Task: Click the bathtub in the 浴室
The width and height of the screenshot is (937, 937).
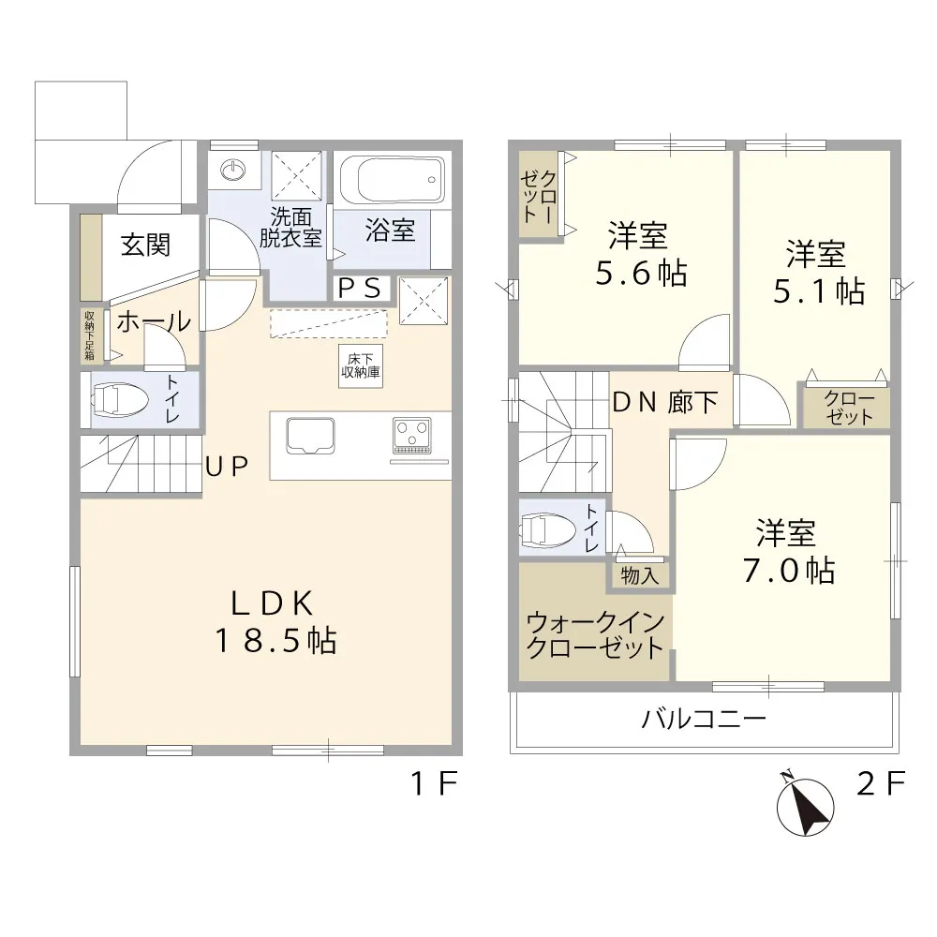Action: [x=392, y=179]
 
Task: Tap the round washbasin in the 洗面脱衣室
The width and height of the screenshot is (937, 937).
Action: [x=232, y=171]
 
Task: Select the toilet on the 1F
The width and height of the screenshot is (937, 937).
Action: [x=120, y=400]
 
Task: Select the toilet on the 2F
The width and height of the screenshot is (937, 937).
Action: [x=547, y=529]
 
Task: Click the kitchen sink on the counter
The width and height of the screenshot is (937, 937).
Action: [x=310, y=436]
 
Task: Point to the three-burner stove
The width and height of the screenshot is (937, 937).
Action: [x=411, y=435]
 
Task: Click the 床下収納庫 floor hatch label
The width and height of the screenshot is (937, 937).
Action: [x=361, y=365]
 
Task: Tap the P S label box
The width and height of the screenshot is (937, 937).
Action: [x=361, y=290]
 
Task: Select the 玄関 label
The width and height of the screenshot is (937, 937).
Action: [x=146, y=245]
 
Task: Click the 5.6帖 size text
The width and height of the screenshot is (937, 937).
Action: [x=641, y=274]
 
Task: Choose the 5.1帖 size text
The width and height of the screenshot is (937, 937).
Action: [x=819, y=291]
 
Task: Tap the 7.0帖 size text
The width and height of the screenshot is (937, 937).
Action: [x=789, y=570]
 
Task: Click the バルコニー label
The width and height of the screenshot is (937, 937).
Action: [x=704, y=719]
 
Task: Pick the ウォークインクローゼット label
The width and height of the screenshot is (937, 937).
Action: [x=595, y=635]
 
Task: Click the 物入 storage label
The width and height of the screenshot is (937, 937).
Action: [x=639, y=576]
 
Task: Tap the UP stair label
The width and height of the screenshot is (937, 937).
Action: [x=227, y=467]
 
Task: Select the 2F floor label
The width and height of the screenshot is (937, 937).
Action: [x=881, y=783]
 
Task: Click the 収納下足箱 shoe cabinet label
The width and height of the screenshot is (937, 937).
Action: [x=89, y=335]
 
